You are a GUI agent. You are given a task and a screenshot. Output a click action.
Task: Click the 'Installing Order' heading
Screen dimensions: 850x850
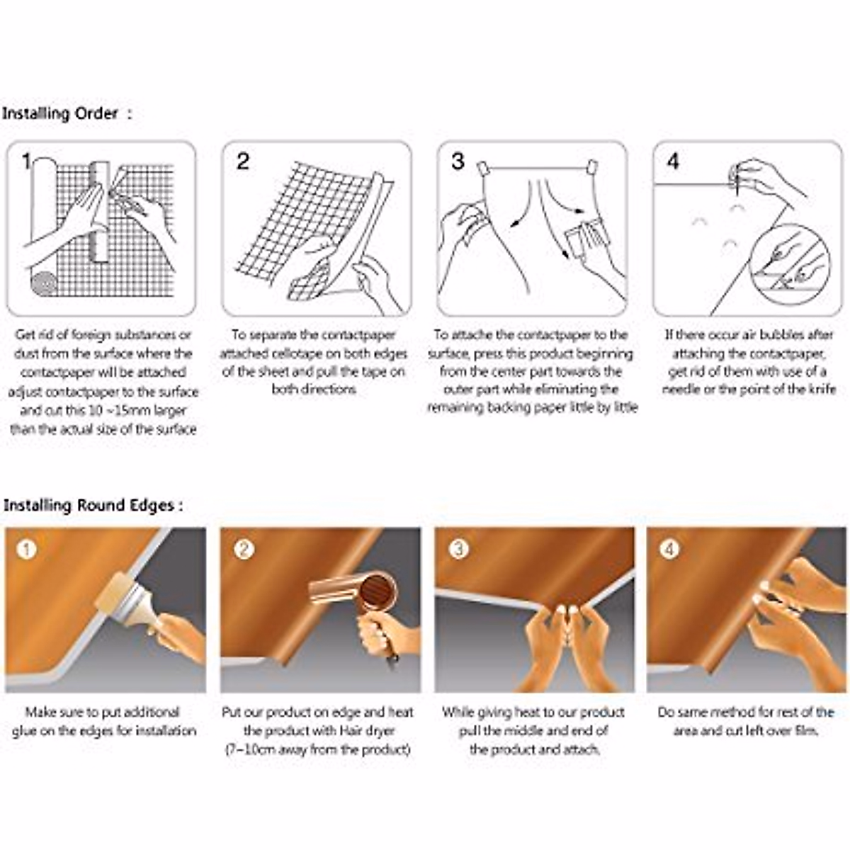60,114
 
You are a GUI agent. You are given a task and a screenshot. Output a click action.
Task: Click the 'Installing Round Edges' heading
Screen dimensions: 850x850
89,505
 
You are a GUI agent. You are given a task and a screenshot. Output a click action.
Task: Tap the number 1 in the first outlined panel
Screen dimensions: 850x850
27,161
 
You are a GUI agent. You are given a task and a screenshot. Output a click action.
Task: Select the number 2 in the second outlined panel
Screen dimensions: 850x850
243,161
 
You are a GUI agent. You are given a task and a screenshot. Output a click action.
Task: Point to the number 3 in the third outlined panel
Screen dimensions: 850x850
458,161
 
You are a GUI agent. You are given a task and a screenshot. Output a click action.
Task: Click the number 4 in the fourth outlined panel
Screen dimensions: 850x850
673,161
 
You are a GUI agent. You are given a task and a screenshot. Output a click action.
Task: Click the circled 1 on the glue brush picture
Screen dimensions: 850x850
26,550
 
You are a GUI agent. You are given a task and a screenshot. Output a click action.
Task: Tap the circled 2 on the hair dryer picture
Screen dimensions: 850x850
244,550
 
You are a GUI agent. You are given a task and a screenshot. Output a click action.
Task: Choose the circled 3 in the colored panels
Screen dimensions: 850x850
458,550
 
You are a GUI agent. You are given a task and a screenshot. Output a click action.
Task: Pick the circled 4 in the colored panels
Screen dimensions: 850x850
669,550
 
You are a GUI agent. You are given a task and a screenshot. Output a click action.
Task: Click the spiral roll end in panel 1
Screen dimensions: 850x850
44,283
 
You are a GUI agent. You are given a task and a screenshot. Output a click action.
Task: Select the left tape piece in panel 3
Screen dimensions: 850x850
482,168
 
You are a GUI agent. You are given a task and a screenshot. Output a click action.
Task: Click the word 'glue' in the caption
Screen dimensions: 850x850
25,732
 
